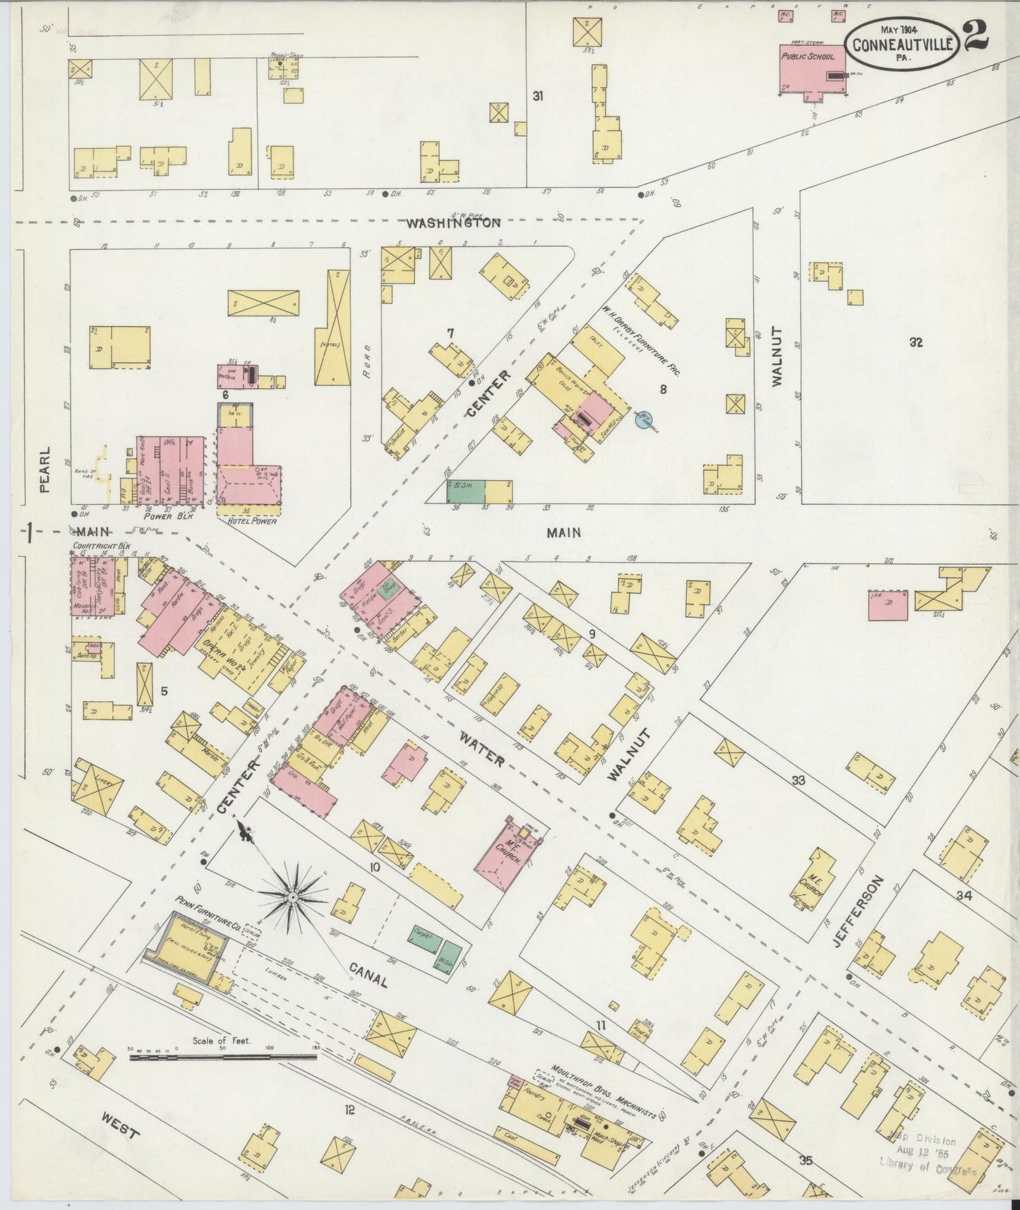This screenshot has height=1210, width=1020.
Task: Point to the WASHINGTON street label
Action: tap(453, 223)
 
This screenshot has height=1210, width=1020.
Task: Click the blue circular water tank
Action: tap(642, 421)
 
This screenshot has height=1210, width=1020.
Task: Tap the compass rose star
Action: tap(291, 897)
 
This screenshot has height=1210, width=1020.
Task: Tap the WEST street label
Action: tap(119, 1125)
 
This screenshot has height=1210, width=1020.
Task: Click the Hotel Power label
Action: tap(248, 520)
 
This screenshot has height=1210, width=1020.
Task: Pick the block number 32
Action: tap(916, 343)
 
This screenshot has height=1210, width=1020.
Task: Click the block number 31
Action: tap(538, 96)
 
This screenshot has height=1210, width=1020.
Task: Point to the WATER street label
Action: tap(482, 749)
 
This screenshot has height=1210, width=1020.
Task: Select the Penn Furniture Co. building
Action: tap(187, 948)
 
